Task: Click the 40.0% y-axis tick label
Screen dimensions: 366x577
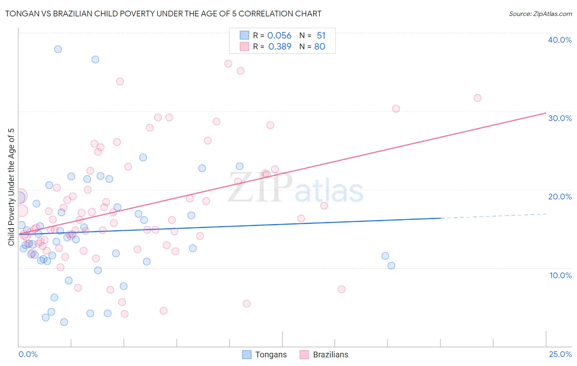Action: [x=559, y=40]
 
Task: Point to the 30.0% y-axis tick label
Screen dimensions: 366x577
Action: [x=559, y=118]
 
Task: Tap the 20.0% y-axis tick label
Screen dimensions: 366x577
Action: [x=559, y=197]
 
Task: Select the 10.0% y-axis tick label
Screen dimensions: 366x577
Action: [x=560, y=275]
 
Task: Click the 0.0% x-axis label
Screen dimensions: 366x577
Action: [x=28, y=355]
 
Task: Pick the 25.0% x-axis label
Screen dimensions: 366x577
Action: [x=560, y=355]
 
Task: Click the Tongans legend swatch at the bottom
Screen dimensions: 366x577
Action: [x=247, y=355]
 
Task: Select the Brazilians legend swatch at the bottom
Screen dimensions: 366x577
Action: [x=304, y=355]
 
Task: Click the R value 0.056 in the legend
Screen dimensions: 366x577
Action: [x=279, y=36]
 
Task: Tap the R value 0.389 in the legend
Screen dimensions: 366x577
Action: [x=279, y=47]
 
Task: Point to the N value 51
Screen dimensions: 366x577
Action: [x=321, y=36]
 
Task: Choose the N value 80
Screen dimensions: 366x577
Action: [x=320, y=47]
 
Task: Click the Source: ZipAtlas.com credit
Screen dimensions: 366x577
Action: [x=540, y=14]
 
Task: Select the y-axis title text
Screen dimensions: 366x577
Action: [x=11, y=187]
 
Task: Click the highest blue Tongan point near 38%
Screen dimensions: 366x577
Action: [x=58, y=49]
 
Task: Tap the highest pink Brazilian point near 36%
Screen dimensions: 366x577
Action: [x=228, y=64]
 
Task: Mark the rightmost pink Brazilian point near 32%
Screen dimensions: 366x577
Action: [x=477, y=98]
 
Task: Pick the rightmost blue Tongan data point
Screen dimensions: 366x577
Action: [x=391, y=265]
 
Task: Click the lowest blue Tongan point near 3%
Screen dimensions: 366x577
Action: [x=64, y=322]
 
